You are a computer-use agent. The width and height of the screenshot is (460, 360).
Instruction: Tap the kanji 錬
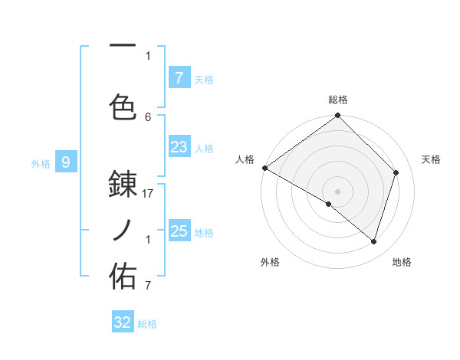(123, 184)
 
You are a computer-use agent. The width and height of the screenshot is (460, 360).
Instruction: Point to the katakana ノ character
(123, 230)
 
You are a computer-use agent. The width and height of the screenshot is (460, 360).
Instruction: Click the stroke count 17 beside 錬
(148, 194)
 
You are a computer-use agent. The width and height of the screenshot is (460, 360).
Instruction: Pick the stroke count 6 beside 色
(148, 116)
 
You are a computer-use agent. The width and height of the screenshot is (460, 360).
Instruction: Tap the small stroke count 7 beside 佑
(148, 286)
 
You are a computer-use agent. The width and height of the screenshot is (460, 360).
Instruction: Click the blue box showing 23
(179, 147)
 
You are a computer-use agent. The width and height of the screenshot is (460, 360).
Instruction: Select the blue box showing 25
(179, 231)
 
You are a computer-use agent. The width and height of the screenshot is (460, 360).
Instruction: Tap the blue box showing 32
(123, 322)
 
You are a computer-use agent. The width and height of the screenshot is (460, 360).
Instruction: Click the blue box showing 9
(66, 162)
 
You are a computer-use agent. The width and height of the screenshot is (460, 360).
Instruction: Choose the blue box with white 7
(179, 77)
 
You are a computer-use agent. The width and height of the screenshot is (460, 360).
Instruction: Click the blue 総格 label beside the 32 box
(147, 324)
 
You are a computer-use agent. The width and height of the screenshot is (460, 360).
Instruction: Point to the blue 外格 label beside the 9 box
(41, 163)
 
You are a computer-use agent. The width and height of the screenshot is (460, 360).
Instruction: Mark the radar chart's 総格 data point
(337, 116)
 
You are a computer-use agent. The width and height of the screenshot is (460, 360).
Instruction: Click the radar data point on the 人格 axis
(264, 168)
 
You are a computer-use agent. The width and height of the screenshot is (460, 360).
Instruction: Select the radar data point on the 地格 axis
(373, 242)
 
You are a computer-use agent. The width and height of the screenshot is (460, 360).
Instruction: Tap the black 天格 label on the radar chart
(432, 159)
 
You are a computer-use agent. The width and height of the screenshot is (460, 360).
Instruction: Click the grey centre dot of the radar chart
(337, 191)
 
